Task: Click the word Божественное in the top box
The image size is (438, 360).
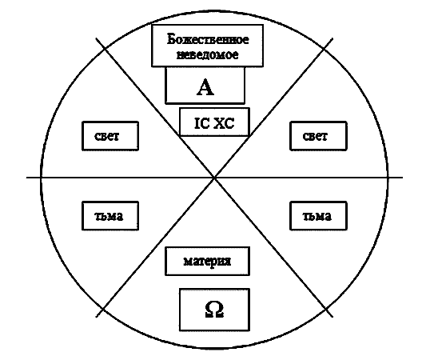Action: pyautogui.click(x=208, y=39)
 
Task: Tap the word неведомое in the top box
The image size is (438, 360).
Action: pyautogui.click(x=208, y=54)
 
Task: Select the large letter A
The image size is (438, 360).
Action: pyautogui.click(x=205, y=87)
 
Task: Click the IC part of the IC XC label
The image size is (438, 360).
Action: pyautogui.click(x=201, y=123)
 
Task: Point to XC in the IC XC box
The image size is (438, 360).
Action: pyautogui.click(x=224, y=123)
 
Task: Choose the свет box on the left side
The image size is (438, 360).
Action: pyautogui.click(x=110, y=136)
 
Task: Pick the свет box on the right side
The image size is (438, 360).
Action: pyautogui.click(x=318, y=136)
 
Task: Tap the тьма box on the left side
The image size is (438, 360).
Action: pyautogui.click(x=110, y=216)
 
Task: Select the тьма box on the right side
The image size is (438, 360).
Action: pyautogui.click(x=318, y=216)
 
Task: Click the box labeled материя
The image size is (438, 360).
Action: pyautogui.click(x=207, y=262)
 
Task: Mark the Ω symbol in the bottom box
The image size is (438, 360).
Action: pyautogui.click(x=214, y=310)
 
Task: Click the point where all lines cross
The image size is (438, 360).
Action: pyautogui.click(x=214, y=178)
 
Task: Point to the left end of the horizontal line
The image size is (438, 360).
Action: pyautogui.click(x=27, y=178)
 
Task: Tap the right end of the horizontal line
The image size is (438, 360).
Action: pyautogui.click(x=403, y=178)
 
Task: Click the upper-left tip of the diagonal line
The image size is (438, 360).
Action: pyautogui.click(x=97, y=38)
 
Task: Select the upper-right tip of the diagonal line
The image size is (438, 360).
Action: pyautogui.click(x=332, y=38)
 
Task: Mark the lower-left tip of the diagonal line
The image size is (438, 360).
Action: pyautogui.click(x=97, y=317)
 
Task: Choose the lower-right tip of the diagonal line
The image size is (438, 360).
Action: pyautogui.click(x=332, y=317)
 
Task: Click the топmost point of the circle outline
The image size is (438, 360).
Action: pyautogui.click(x=214, y=11)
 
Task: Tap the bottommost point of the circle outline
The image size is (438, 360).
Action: pyautogui.click(x=214, y=349)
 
